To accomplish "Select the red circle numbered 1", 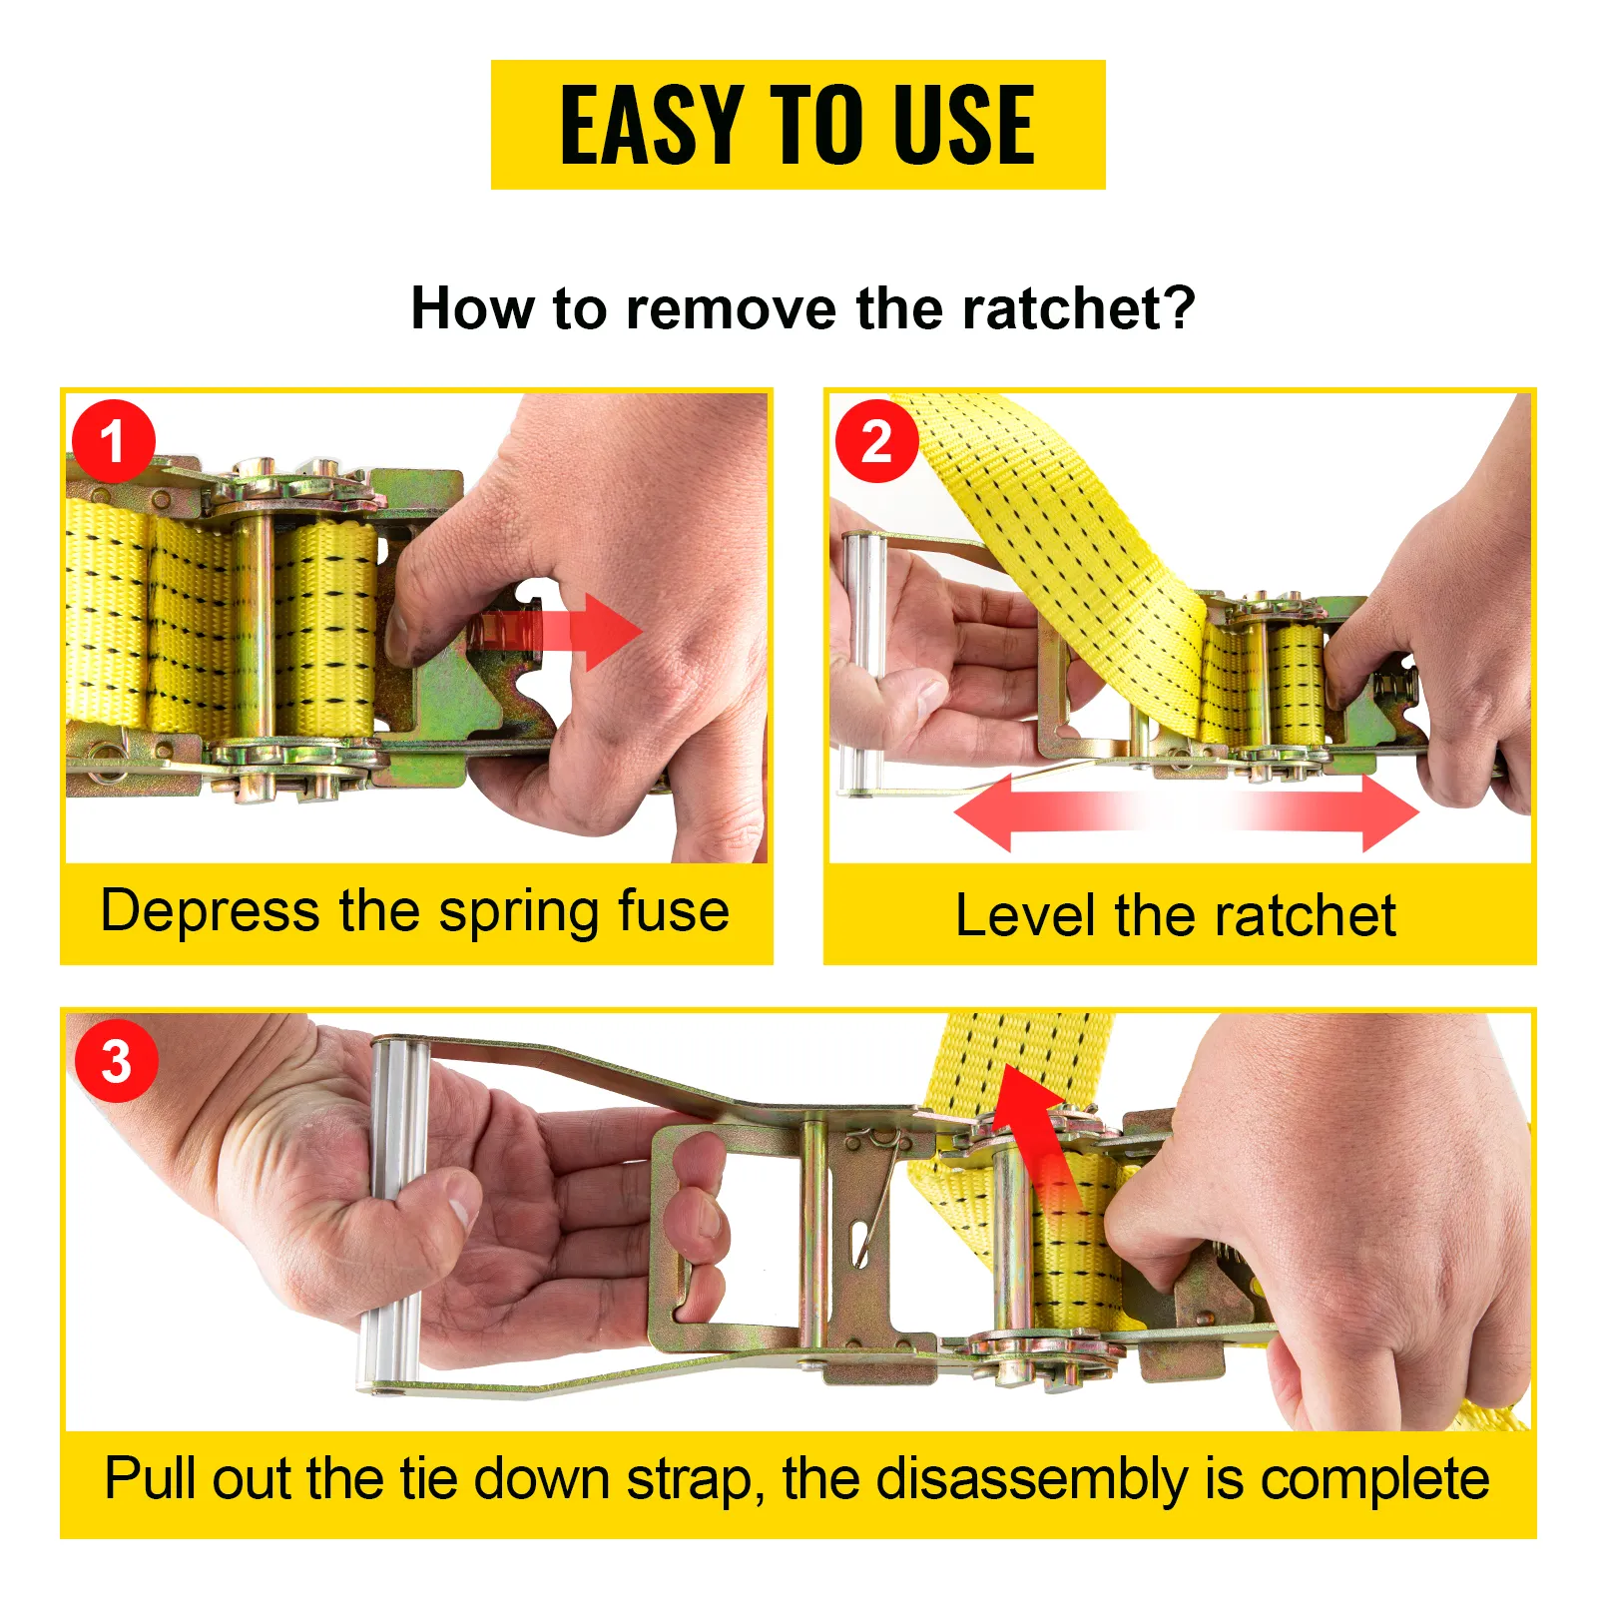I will pyautogui.click(x=113, y=441).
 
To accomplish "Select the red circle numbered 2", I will pyautogui.click(x=876, y=441).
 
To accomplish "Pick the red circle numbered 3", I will pyautogui.click(x=116, y=1061).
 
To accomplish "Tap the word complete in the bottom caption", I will pyautogui.click(x=1374, y=1479).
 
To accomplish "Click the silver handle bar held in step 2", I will pyautogui.click(x=864, y=659).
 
